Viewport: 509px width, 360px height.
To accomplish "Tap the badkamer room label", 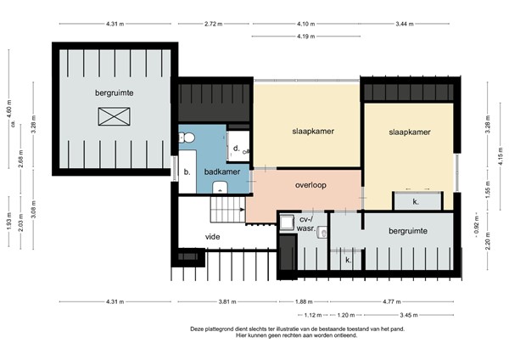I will point(222,171).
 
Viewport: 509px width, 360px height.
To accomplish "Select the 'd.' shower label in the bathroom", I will point(235,148).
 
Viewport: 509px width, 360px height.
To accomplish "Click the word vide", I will point(213,237).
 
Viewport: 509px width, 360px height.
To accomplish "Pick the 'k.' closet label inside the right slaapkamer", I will point(416,202).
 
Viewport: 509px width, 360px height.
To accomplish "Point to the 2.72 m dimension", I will point(215,24).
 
